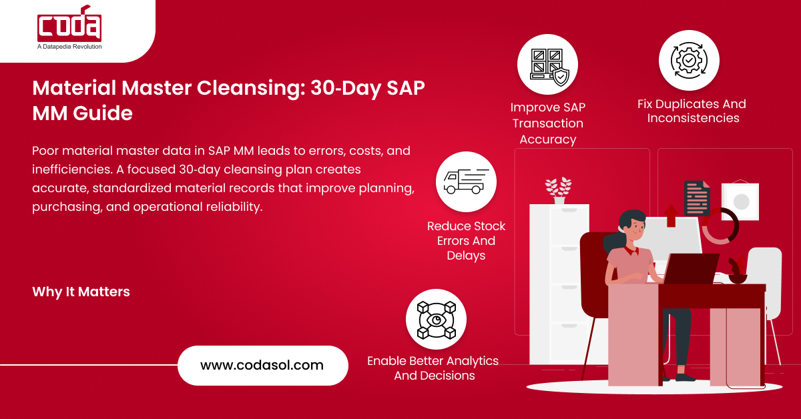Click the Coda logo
69,23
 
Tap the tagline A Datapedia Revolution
69,47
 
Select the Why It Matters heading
81,292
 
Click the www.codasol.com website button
263,366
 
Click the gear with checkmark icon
689,61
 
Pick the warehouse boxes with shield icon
549,67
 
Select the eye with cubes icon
437,320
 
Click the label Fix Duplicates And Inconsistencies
692,111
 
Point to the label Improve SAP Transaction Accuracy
548,123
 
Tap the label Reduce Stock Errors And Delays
467,241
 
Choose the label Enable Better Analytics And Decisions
433,368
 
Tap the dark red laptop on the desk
690,268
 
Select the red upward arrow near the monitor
672,216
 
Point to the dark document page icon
697,198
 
